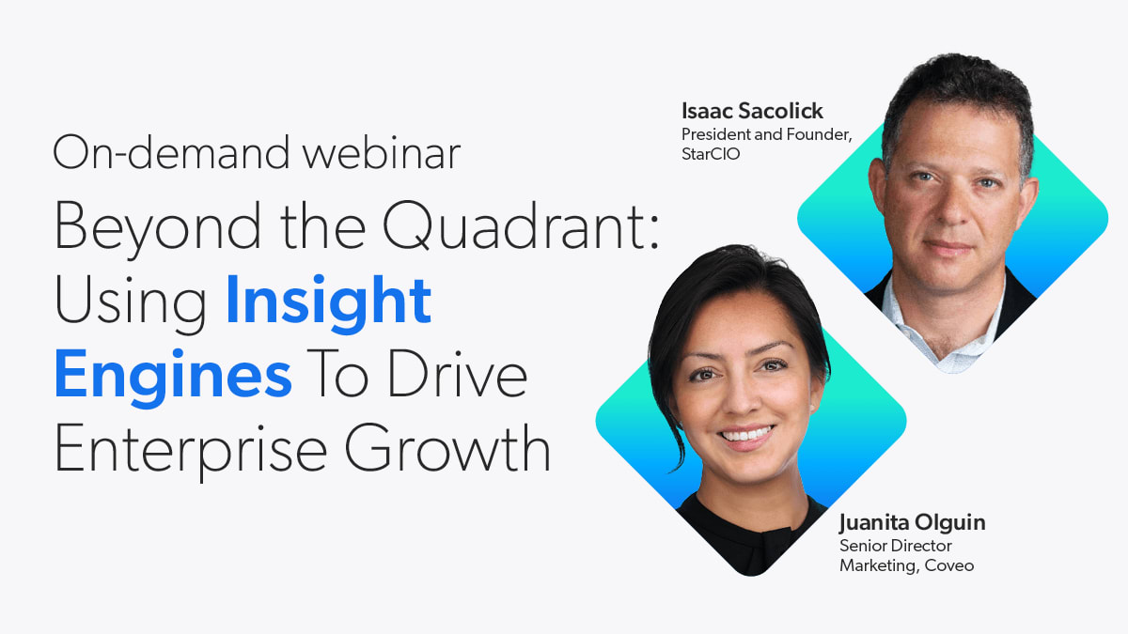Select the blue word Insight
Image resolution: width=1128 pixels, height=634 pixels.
pyautogui.click(x=329, y=301)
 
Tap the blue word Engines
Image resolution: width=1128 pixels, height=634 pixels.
pyautogui.click(x=173, y=376)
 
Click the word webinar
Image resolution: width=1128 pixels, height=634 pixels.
pyautogui.click(x=382, y=153)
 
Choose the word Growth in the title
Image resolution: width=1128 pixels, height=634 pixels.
pyautogui.click(x=447, y=447)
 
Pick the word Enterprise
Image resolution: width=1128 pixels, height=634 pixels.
pyautogui.click(x=191, y=450)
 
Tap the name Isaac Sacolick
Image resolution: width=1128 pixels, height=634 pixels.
pyautogui.click(x=752, y=111)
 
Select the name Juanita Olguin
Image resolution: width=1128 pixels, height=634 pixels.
pyautogui.click(x=913, y=523)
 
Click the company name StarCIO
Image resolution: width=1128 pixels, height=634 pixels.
pyautogui.click(x=711, y=154)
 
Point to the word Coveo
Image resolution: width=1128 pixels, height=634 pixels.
pyautogui.click(x=949, y=565)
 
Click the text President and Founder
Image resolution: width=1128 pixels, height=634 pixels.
pyautogui.click(x=766, y=134)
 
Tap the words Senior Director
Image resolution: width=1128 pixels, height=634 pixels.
pyautogui.click(x=896, y=546)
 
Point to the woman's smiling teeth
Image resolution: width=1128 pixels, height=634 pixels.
pyautogui.click(x=747, y=434)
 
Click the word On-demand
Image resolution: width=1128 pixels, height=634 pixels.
pyautogui.click(x=171, y=152)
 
